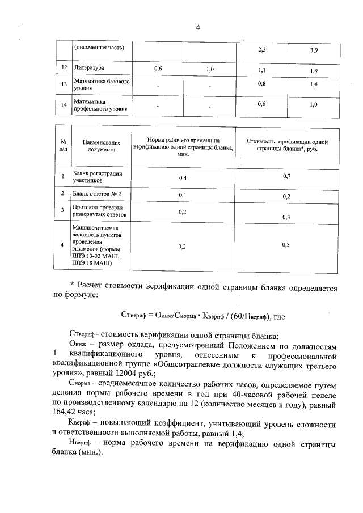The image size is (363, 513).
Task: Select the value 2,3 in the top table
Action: tap(261, 50)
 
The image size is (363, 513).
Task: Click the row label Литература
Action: tap(90, 69)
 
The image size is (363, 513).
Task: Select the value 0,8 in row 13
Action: tap(261, 83)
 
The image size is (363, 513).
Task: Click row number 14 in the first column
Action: tap(64, 105)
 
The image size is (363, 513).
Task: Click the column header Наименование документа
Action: tap(101, 146)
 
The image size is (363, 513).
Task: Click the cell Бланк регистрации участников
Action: tap(97, 177)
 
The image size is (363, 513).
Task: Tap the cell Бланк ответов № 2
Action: tap(98, 194)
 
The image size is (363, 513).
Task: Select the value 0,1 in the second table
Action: tap(183, 195)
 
